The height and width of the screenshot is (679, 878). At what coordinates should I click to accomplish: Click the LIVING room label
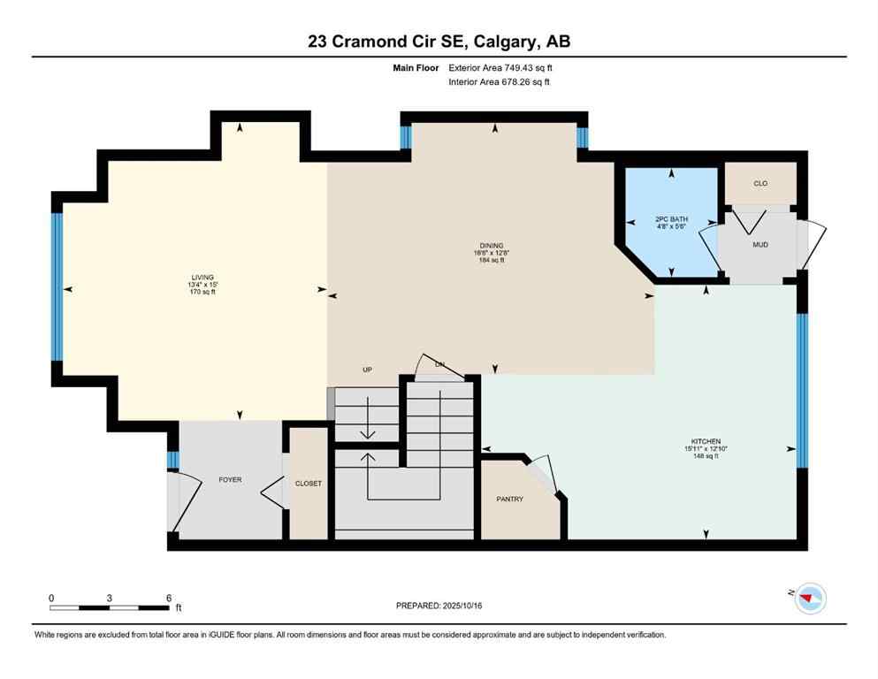pyautogui.click(x=202, y=277)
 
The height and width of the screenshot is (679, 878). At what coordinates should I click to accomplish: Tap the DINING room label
pyautogui.click(x=492, y=245)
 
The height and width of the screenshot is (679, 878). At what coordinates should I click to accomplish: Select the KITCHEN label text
pyautogui.click(x=706, y=441)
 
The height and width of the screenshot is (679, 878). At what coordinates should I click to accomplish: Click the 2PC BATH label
pyautogui.click(x=671, y=219)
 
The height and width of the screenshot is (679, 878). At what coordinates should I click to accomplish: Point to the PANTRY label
pyautogui.click(x=510, y=499)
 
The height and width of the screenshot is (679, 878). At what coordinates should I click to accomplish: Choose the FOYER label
pyautogui.click(x=230, y=480)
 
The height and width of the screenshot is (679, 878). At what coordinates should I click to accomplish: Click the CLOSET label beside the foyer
pyautogui.click(x=309, y=484)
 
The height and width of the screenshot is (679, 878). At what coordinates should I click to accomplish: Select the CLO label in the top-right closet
pyautogui.click(x=760, y=183)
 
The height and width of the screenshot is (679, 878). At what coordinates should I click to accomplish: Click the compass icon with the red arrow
pyautogui.click(x=809, y=599)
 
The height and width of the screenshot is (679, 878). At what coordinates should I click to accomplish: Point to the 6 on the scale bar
pyautogui.click(x=168, y=597)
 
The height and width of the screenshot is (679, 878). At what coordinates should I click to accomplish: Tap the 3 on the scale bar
pyautogui.click(x=110, y=597)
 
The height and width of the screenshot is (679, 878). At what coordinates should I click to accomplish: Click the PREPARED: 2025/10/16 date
pyautogui.click(x=439, y=606)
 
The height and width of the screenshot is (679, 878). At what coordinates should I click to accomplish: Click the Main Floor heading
pyautogui.click(x=417, y=67)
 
